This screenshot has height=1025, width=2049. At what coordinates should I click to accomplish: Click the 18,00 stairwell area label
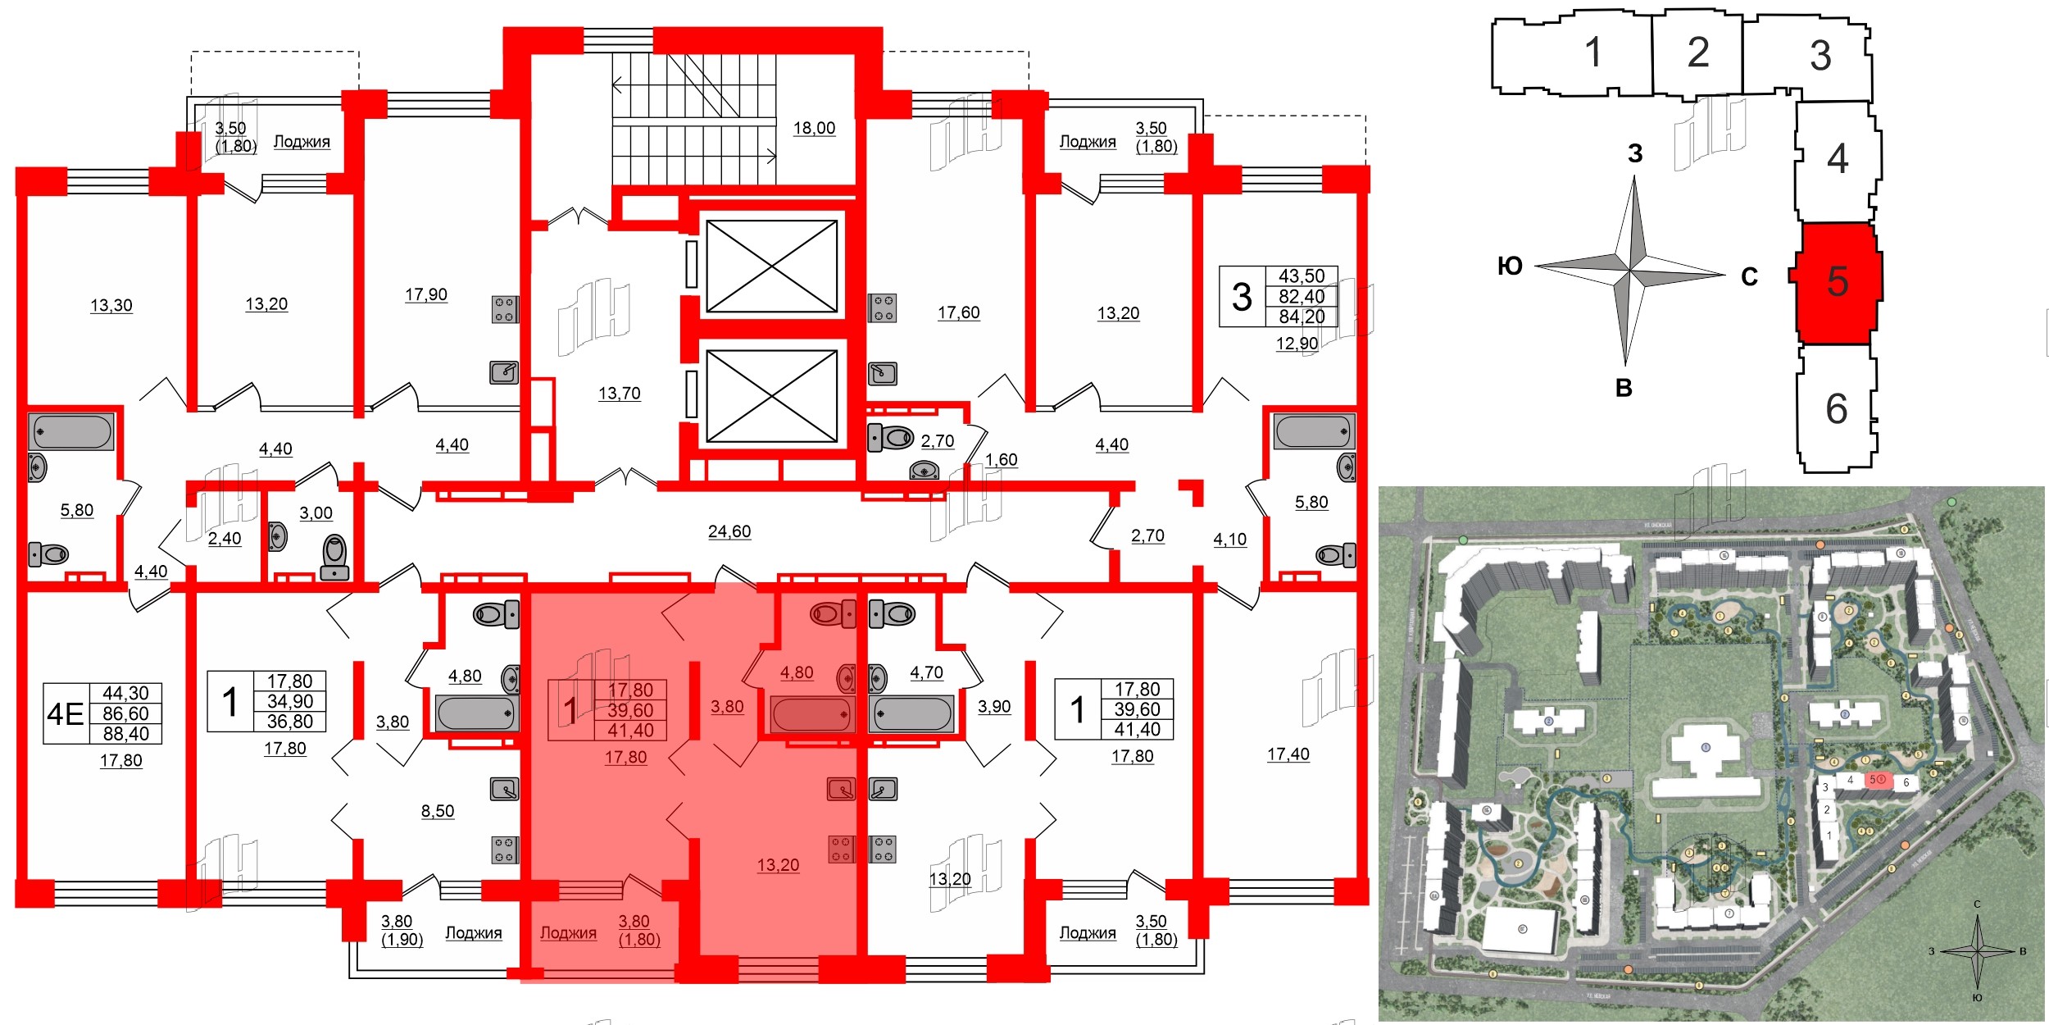tap(814, 128)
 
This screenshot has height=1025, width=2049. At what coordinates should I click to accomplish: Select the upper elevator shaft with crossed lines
tap(771, 266)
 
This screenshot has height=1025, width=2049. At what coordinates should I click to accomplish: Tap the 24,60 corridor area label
tap(729, 531)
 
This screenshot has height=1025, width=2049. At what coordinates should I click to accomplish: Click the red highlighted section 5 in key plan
tap(1837, 282)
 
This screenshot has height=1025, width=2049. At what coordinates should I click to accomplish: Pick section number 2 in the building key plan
tap(1697, 53)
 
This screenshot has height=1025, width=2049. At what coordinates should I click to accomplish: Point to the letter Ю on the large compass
tap(1510, 266)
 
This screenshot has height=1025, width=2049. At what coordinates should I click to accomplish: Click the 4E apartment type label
tap(66, 714)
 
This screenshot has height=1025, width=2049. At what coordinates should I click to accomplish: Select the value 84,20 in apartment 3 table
tap(1302, 317)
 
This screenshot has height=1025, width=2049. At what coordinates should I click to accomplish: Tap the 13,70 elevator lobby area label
tap(619, 394)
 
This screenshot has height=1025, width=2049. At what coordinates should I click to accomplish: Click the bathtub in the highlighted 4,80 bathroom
tap(811, 714)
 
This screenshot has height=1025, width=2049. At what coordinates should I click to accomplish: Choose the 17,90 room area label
tap(425, 294)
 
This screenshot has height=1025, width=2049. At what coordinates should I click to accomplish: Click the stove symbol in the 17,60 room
tap(883, 308)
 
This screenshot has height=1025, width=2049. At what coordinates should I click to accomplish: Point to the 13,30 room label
tap(111, 305)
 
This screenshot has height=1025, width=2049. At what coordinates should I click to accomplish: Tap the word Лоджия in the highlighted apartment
tap(568, 933)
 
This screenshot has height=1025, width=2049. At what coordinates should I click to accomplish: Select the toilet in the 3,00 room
tap(335, 558)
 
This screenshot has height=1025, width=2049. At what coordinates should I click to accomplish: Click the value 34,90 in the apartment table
tap(290, 702)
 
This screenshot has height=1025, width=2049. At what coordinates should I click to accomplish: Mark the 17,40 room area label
tap(1288, 754)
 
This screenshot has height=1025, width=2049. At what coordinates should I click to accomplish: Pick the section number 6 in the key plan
tap(1836, 408)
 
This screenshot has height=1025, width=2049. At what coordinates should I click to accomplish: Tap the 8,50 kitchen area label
tap(437, 811)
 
